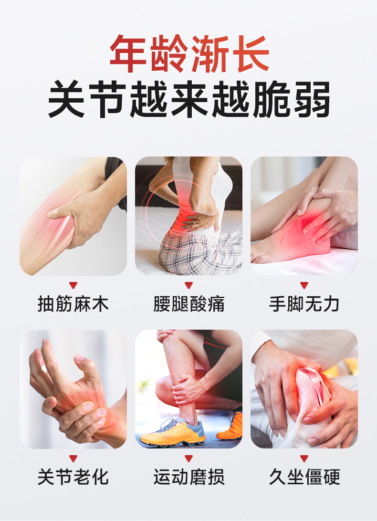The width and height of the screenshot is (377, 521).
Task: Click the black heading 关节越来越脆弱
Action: [x=189, y=99]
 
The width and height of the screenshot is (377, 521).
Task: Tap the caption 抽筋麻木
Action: [x=73, y=304]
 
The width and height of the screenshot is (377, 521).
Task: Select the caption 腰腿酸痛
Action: [x=189, y=304]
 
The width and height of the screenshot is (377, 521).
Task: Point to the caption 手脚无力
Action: [x=304, y=304]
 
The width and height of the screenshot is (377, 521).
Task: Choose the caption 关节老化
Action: [x=73, y=477]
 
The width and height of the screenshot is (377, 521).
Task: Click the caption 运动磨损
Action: [x=189, y=477]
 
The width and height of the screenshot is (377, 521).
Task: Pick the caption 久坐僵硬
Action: [x=304, y=477]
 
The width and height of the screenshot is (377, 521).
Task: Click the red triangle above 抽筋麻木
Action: [x=73, y=285]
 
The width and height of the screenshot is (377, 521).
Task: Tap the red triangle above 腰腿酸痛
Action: [x=189, y=285]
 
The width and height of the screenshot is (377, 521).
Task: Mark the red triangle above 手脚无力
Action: [x=304, y=285]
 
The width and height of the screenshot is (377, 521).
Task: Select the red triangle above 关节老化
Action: [x=73, y=458]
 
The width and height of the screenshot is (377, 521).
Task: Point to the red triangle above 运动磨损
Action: [x=189, y=458]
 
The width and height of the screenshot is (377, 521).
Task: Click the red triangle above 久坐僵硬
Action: [x=304, y=458]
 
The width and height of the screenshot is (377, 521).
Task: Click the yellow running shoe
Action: [x=173, y=432]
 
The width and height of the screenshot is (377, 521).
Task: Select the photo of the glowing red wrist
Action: [x=73, y=389]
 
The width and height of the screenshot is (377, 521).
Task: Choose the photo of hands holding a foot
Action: [x=304, y=216]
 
